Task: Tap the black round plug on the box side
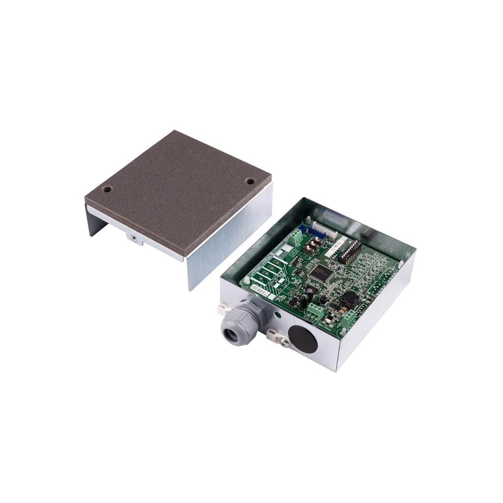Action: tap(302, 338)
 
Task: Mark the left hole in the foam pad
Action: tap(107, 189)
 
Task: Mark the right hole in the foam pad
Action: tap(250, 181)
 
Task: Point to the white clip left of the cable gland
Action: tap(223, 309)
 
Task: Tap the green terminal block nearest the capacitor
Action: tap(313, 310)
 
